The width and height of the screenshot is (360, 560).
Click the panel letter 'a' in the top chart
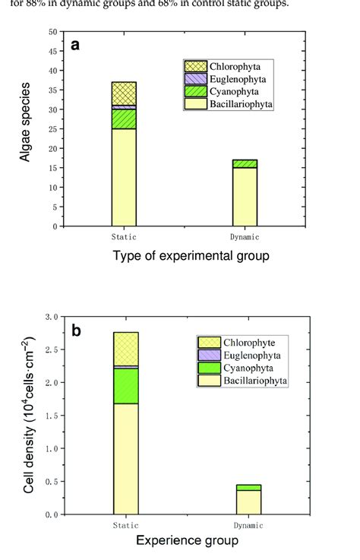click(x=76, y=45)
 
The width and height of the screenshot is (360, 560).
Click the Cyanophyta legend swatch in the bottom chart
click(x=208, y=367)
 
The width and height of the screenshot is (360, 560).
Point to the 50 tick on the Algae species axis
click(x=52, y=32)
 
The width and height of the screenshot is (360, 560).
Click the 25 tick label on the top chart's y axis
click(x=52, y=129)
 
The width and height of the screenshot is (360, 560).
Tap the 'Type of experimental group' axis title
click(x=191, y=256)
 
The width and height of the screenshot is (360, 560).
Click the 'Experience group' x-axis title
click(x=187, y=541)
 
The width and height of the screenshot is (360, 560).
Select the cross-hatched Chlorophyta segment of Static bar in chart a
click(x=124, y=93)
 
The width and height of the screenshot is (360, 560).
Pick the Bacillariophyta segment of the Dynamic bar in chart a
click(x=245, y=196)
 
